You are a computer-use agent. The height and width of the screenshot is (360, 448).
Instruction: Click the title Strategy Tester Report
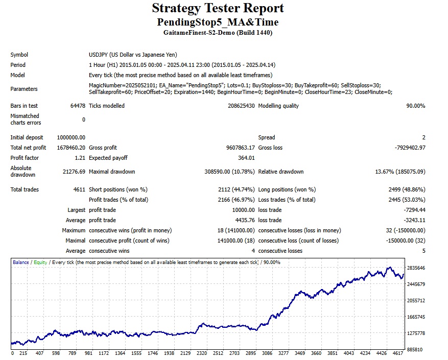tap(218, 8)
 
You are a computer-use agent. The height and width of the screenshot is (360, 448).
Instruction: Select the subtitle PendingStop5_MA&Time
tap(218, 22)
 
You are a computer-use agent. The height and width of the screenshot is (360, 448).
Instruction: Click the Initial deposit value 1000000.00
tap(71, 137)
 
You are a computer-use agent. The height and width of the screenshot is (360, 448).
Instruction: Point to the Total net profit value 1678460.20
tap(71, 148)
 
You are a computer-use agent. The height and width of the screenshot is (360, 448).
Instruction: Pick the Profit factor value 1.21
tap(80, 158)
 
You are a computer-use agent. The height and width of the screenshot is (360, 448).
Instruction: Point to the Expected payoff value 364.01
tap(246, 158)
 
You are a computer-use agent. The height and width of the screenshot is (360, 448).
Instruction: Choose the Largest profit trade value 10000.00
tap(243, 210)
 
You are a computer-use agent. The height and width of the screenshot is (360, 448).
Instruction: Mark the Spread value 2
tap(423, 137)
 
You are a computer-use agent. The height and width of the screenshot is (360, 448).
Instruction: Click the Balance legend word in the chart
tap(21, 262)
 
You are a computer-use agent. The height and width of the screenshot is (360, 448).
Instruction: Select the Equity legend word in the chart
tap(40, 262)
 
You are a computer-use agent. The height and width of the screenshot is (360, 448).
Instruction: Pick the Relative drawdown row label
tap(281, 172)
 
